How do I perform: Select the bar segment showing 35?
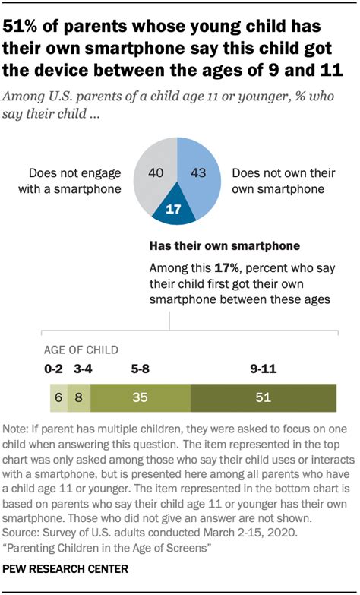138,397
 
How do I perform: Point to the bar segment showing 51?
263,397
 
